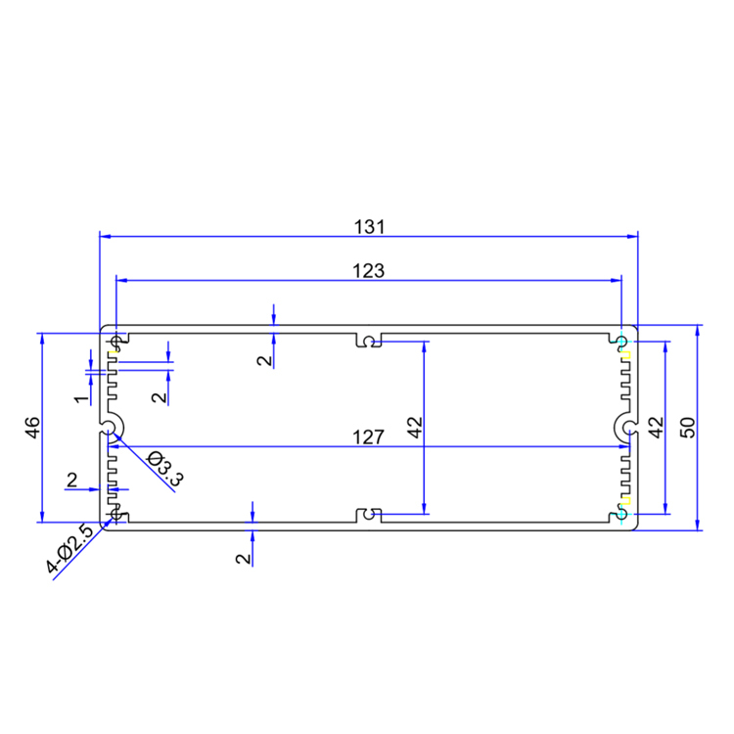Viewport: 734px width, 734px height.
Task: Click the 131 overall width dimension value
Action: (x=368, y=227)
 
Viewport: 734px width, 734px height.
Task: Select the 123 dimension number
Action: (x=368, y=270)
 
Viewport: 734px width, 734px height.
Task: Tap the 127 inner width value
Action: (x=368, y=438)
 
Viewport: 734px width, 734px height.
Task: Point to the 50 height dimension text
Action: (x=688, y=427)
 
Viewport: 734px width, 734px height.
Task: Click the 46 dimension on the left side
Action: (x=31, y=427)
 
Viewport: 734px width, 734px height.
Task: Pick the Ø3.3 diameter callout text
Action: (x=165, y=467)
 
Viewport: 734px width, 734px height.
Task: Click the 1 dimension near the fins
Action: (x=80, y=398)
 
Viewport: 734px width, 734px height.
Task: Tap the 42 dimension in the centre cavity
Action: (x=414, y=427)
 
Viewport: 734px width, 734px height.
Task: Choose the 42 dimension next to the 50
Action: (x=656, y=427)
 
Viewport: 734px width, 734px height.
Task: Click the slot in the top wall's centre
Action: (x=368, y=341)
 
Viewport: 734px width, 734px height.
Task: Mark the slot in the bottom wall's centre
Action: (x=368, y=514)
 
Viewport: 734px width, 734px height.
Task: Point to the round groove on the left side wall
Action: (x=111, y=427)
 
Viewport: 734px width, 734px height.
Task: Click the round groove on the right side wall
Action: (x=625, y=427)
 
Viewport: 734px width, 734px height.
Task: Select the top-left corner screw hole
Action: (x=118, y=342)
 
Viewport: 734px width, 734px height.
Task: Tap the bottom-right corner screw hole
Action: (x=621, y=513)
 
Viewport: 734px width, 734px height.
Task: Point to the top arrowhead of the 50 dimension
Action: (x=698, y=330)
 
